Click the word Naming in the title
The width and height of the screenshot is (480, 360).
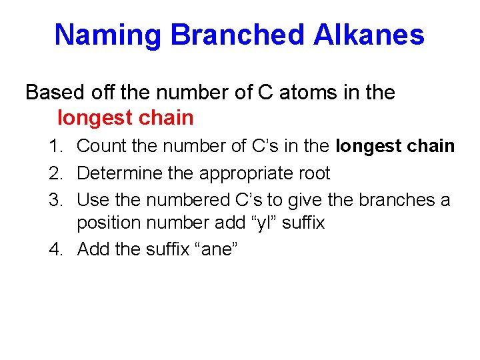(109, 35)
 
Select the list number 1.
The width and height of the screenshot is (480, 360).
(57, 146)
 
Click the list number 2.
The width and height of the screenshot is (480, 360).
(57, 173)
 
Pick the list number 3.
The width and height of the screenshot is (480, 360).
(57, 200)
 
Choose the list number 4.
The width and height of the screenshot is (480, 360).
(57, 249)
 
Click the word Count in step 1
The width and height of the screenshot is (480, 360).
(99, 146)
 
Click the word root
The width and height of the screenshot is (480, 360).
(312, 173)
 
